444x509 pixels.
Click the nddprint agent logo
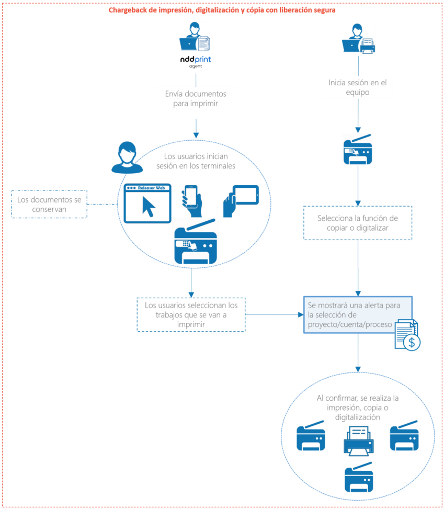tap(196, 61)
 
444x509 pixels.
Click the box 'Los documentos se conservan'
tap(49, 205)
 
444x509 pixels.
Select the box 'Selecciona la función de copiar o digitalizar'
tap(358, 223)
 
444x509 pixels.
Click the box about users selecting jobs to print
tap(191, 314)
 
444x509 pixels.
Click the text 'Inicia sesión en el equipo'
tap(358, 87)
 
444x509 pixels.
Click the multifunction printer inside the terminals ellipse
tap(195, 241)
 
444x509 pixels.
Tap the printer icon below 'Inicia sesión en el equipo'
tap(358, 149)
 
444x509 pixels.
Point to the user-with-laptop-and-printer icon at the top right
tap(359, 39)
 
